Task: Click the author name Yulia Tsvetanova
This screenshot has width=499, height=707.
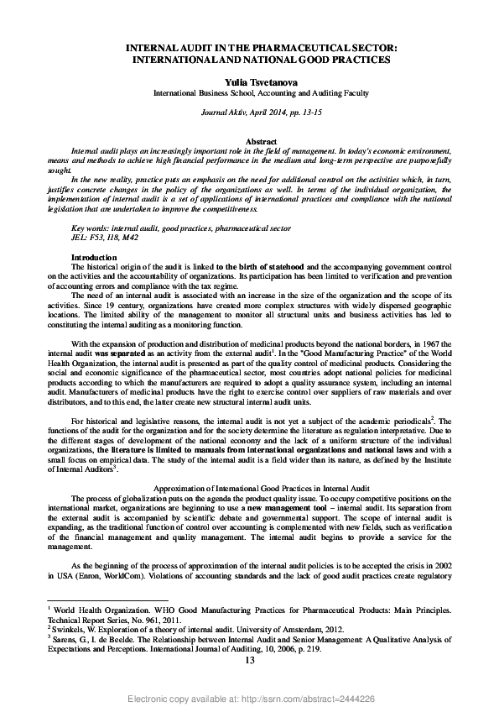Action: tap(249, 82)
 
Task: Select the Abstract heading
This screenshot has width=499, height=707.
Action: tap(249, 142)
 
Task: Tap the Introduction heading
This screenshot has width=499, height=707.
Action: tap(94, 257)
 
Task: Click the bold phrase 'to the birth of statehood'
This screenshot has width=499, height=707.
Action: tap(259, 266)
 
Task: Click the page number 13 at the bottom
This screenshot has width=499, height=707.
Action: tap(249, 661)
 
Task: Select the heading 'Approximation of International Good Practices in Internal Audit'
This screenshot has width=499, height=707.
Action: tap(249, 489)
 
